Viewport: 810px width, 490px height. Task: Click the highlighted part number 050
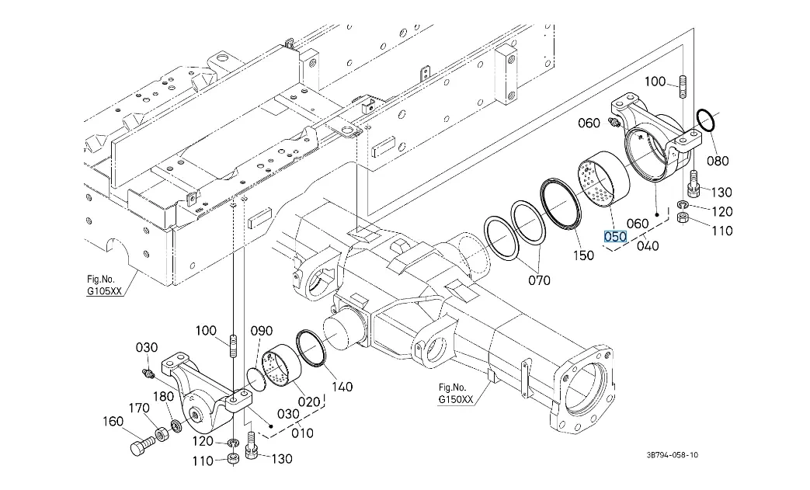615,236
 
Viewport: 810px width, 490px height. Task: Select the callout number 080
718,161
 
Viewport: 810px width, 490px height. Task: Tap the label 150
583,255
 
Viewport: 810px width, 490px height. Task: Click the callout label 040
648,246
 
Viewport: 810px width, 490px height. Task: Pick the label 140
342,387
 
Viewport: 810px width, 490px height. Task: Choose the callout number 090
262,331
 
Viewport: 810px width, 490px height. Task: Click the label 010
303,433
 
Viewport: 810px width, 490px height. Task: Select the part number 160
113,422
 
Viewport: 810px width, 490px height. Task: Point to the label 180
163,397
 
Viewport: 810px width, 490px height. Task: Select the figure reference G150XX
456,399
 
